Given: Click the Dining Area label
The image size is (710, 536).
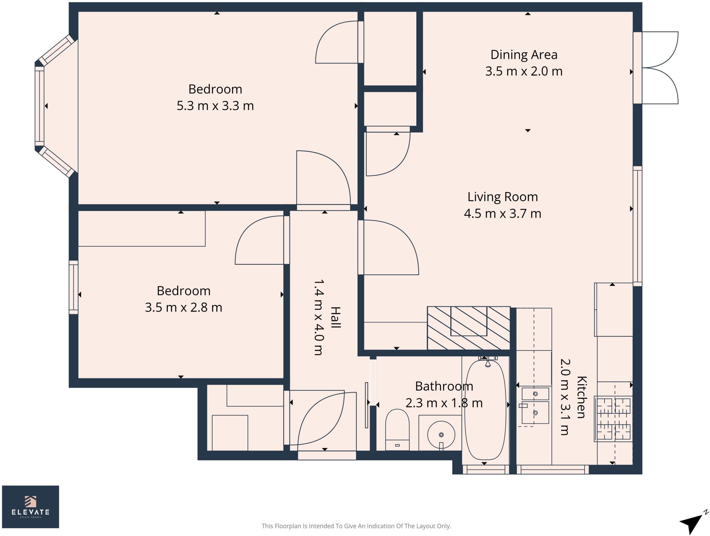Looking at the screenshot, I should click(x=523, y=55).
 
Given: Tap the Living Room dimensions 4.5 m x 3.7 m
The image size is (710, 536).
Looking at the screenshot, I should click(x=502, y=213).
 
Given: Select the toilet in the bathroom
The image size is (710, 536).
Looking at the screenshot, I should click(x=397, y=430).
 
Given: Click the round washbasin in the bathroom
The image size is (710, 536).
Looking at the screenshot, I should click(x=441, y=435).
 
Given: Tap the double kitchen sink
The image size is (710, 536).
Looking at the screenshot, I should click(x=535, y=405).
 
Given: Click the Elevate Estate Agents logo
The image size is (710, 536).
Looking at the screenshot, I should click(x=31, y=507).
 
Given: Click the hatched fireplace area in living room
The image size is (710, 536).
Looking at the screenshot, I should click(x=468, y=328).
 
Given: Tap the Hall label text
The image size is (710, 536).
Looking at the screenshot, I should click(x=335, y=317).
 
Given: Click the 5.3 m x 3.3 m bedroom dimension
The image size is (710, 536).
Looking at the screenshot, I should click(x=215, y=106).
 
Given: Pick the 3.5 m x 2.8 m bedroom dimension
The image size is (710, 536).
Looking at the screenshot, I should click(x=183, y=307).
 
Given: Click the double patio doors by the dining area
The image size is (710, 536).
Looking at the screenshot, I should click(x=655, y=68).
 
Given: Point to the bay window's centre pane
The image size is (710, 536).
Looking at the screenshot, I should click(x=40, y=106).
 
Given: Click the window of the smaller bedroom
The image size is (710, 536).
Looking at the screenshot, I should click(x=73, y=287).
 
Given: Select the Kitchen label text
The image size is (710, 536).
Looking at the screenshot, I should click(x=581, y=397).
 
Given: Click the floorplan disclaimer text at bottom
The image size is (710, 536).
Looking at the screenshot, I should click(x=356, y=526).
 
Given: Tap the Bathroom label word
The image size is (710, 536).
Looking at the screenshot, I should click(x=444, y=386).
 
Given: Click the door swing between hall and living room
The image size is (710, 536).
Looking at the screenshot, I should click(x=388, y=248).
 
